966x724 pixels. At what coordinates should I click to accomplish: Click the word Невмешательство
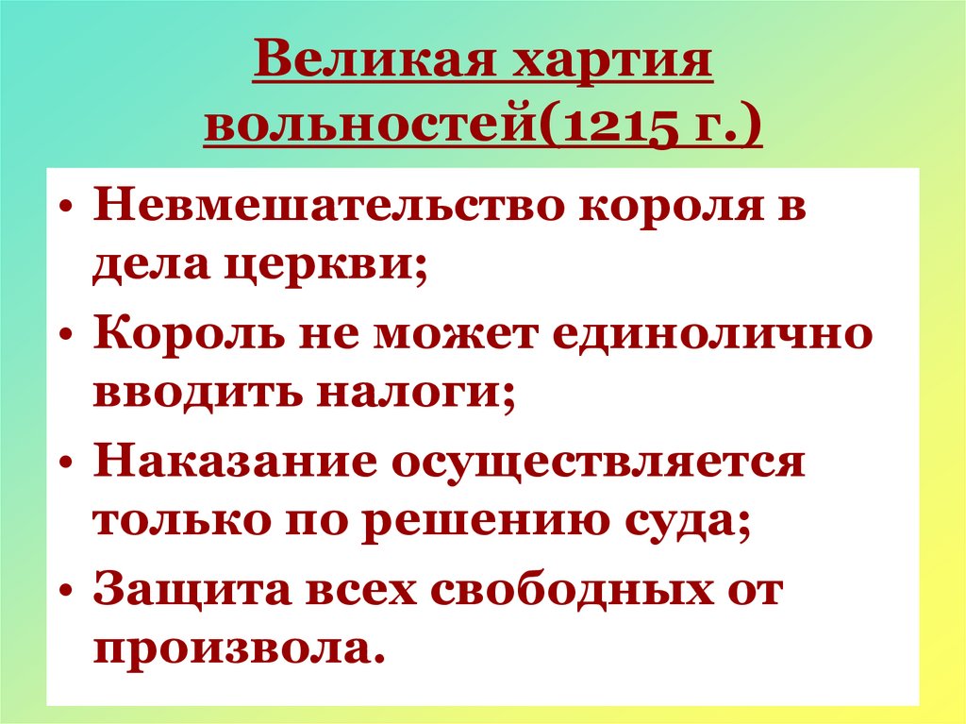coord(325,206)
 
